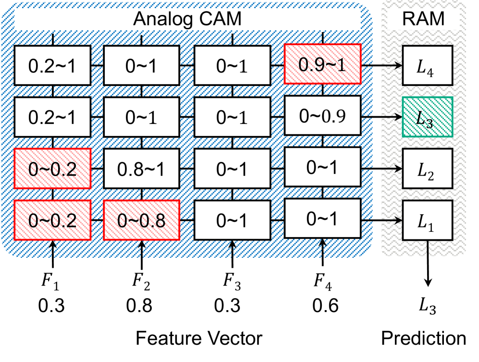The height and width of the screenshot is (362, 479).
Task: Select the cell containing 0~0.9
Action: point(322,116)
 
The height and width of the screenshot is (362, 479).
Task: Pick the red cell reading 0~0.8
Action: point(142,220)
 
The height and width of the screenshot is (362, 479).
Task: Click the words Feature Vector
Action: point(198,338)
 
